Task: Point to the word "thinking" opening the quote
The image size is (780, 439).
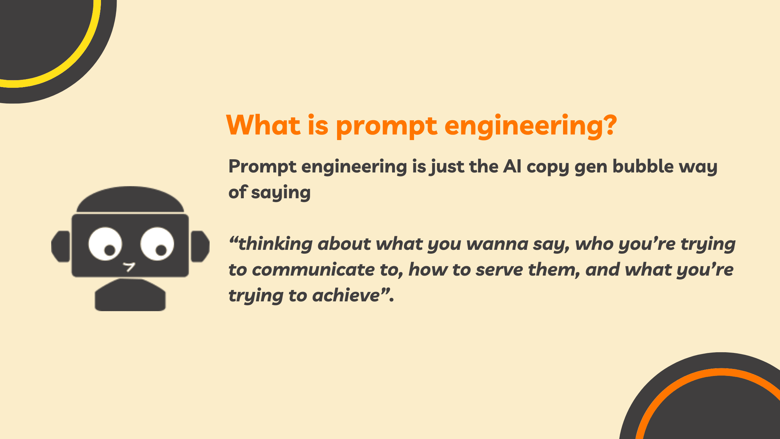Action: coord(275,244)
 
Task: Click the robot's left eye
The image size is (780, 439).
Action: coord(105,244)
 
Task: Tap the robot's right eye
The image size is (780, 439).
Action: coord(157,244)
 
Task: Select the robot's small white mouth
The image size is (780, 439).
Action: coord(129,267)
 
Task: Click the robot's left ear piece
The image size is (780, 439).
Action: coord(61,246)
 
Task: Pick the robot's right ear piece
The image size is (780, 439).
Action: coord(200,246)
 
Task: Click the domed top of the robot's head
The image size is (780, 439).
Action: coord(130,199)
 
